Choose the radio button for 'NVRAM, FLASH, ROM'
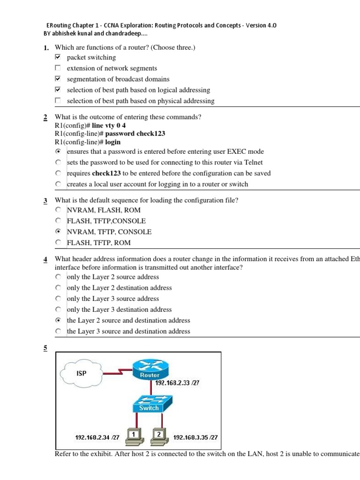pyautogui.click(x=58, y=210)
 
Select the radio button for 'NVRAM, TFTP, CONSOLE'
pyautogui.click(x=58, y=232)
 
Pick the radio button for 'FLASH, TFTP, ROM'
pyautogui.click(x=58, y=242)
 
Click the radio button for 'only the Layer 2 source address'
pyautogui.click(x=58, y=277)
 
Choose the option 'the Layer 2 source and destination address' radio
pyautogui.click(x=58, y=320)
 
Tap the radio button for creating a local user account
pyautogui.click(x=58, y=184)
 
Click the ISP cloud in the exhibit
pyautogui.click(x=82, y=373)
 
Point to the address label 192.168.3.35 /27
pyautogui.click(x=195, y=437)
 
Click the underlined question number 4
pyautogui.click(x=45, y=259)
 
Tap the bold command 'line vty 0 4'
pyautogui.click(x=109, y=126)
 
